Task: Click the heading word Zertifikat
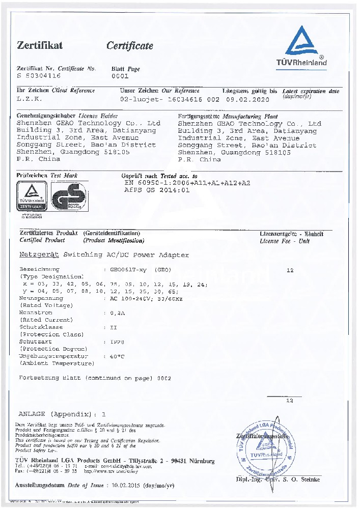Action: [x=40, y=45]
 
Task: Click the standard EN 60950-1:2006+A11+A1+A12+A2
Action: [x=187, y=182]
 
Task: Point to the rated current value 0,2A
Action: [x=118, y=313]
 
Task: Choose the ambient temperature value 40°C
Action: [x=117, y=356]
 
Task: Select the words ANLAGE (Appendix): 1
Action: [x=63, y=414]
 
